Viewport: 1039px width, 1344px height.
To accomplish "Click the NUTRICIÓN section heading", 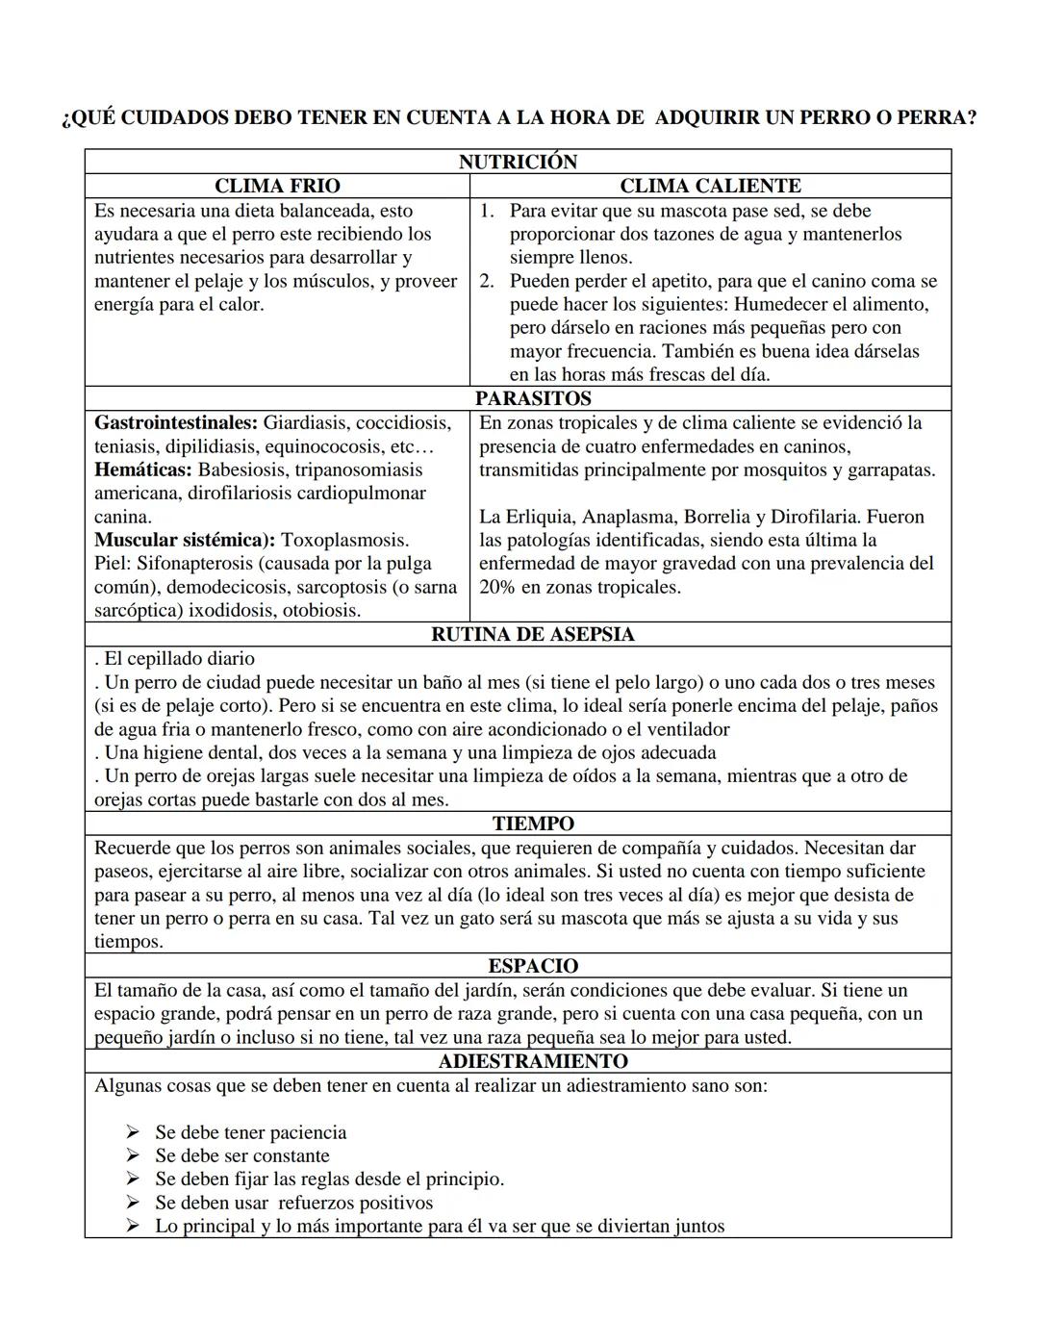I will click(518, 162).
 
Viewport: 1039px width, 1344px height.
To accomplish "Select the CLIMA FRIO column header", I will click(277, 186).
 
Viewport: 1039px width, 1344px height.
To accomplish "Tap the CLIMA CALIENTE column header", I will click(710, 186).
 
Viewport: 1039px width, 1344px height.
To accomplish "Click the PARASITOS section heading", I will click(533, 398).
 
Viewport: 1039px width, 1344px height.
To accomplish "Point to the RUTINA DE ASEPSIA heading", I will click(533, 634).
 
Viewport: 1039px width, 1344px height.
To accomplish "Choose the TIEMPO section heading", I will click(533, 824).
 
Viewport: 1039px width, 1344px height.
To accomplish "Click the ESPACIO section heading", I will click(533, 966).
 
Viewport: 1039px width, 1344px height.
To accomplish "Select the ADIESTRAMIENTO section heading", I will click(533, 1061).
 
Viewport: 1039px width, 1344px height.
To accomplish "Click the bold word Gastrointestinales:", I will click(176, 423).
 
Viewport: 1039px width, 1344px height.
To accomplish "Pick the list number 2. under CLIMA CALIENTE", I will click(487, 281).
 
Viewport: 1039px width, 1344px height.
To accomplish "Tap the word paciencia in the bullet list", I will click(303, 1132).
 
